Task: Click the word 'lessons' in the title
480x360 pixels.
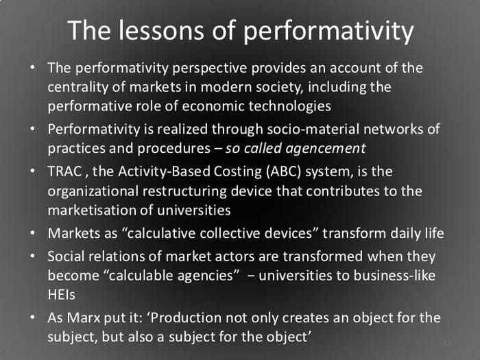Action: coord(161,30)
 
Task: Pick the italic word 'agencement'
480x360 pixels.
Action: coord(326,149)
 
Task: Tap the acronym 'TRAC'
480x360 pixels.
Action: coord(64,171)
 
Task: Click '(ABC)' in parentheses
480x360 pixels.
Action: coord(283,171)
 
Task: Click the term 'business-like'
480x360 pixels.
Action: coord(394,276)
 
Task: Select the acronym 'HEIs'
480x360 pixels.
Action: coord(61,295)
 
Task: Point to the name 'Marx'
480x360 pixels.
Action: coord(83,317)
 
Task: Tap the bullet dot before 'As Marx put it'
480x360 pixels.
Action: coord(33,317)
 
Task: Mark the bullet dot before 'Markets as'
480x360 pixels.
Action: coord(33,233)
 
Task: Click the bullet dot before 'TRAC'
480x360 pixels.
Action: coord(33,171)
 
